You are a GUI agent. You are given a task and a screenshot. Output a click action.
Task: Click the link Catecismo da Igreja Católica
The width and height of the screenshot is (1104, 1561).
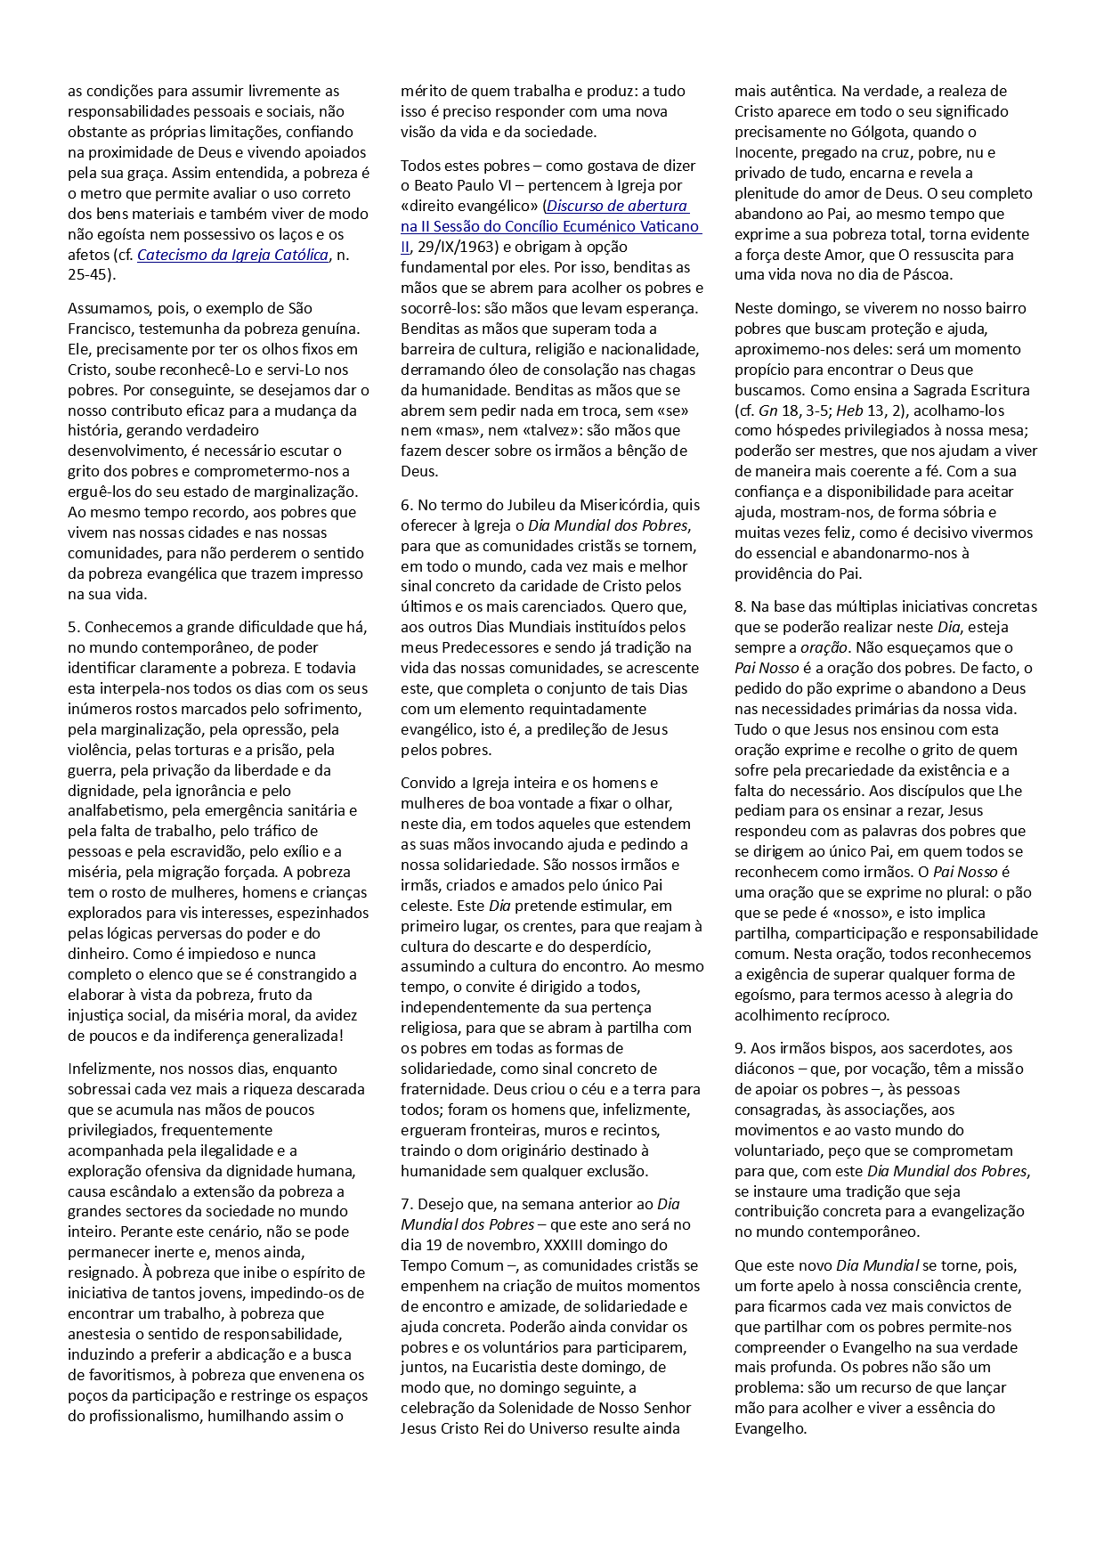point(232,255)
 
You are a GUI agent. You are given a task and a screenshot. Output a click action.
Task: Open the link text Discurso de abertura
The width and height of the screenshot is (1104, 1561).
point(617,206)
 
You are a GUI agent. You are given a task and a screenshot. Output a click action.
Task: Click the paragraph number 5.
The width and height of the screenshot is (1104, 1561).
point(72,627)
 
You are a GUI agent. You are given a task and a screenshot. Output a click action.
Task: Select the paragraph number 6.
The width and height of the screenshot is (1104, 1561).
point(405,505)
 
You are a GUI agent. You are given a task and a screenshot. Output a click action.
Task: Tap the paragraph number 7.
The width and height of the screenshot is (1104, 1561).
point(405,1204)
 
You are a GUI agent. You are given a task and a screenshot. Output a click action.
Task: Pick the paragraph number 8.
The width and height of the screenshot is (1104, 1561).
point(739,606)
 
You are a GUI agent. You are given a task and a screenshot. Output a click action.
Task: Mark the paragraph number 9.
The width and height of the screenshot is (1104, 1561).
point(739,1048)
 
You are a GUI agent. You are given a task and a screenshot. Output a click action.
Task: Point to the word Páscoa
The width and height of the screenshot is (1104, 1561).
point(926,274)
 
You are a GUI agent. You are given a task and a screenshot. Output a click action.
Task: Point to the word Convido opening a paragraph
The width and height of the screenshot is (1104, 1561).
point(426,783)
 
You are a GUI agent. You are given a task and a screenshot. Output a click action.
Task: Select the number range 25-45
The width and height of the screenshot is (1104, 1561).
point(89,275)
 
